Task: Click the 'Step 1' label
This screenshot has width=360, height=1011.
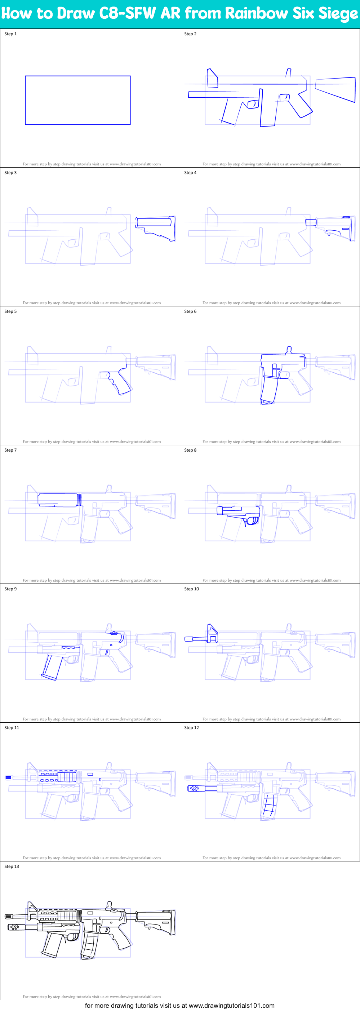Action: [10, 34]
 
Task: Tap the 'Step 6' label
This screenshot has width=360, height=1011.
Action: [190, 311]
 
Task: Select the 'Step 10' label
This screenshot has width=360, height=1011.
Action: [192, 589]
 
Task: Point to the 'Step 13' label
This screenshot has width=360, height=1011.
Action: [12, 866]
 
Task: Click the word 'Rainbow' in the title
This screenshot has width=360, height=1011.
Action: [256, 13]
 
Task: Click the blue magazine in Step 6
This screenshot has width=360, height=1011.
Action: [269, 390]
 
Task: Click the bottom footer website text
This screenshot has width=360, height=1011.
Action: [180, 1006]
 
